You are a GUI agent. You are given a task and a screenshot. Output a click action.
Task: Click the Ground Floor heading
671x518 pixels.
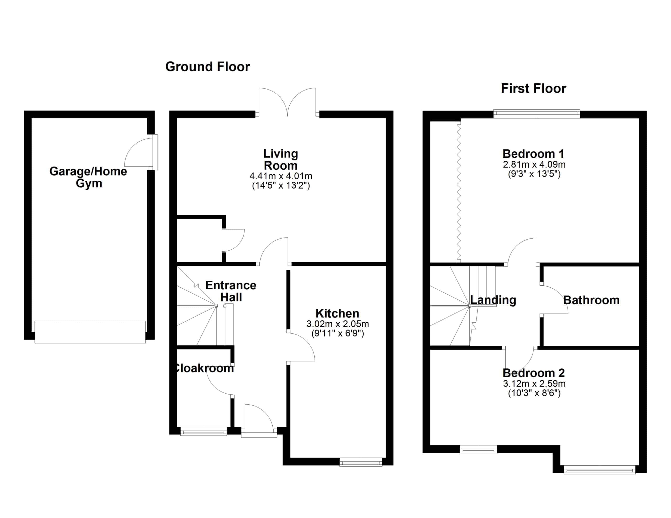coord(208,67)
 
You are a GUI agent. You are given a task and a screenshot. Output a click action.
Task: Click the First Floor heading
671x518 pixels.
coord(533,89)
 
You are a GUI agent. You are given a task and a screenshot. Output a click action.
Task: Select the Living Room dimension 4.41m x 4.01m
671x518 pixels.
coord(281,176)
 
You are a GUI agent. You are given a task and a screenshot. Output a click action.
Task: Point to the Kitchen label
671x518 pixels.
coord(337,313)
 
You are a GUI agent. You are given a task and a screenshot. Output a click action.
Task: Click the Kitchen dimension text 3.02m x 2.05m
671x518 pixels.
coord(338,324)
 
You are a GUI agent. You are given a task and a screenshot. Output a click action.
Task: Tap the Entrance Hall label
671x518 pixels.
coord(231,291)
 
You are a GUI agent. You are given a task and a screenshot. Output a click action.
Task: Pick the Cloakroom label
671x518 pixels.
coord(204,368)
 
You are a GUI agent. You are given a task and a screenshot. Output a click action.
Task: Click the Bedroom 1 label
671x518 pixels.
coord(533,153)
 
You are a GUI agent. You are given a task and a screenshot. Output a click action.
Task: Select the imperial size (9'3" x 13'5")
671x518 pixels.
coord(534,174)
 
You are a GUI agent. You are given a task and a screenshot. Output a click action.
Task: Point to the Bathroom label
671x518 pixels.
coord(591,300)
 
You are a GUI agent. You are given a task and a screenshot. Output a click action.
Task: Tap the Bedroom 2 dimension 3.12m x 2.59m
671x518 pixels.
coord(534,383)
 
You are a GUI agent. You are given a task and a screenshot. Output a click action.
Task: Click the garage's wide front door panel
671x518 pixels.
coord(90,332)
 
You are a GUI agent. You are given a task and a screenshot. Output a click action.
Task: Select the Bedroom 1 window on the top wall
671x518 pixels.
coord(537,114)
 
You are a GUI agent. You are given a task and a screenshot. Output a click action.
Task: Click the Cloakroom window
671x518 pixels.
coord(204,431)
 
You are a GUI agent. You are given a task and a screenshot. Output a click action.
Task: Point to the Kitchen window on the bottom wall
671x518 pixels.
coord(361,462)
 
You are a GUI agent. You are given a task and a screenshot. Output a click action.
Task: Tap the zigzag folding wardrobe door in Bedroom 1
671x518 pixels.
coord(459,192)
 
